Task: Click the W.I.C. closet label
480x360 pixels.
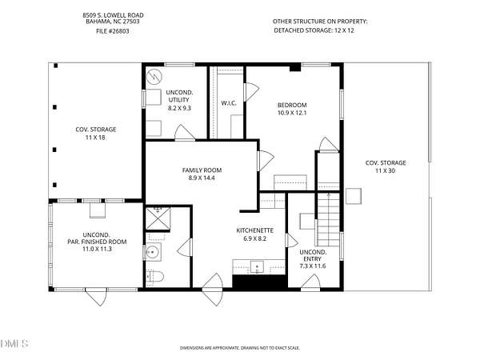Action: [x=229, y=103]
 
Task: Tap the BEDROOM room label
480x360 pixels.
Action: [x=292, y=105]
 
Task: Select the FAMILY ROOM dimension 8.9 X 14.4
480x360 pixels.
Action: [x=202, y=178]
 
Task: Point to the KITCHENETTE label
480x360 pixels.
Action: [x=254, y=230]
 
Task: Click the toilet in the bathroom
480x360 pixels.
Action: [x=154, y=277]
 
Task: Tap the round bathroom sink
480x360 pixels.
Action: [x=153, y=252]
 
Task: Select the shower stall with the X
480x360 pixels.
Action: [x=158, y=218]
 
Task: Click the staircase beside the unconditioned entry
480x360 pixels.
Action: [x=328, y=219]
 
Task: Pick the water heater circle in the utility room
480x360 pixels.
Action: [x=154, y=77]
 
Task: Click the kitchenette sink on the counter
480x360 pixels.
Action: [x=257, y=266]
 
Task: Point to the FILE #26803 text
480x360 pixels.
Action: [x=113, y=31]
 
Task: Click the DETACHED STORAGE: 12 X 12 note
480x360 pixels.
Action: [x=314, y=30]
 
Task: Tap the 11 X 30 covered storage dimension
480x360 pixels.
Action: [x=385, y=171]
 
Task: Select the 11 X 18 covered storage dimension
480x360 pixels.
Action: [x=95, y=138]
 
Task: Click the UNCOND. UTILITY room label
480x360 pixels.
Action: [x=179, y=96]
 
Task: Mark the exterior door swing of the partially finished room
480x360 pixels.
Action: [x=96, y=297]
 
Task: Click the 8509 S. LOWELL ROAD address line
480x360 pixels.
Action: [x=113, y=15]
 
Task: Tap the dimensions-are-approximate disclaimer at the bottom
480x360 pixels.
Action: [x=240, y=348]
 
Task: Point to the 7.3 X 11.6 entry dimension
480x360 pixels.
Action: [x=313, y=266]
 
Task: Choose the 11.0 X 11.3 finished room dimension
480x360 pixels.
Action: [x=97, y=249]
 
